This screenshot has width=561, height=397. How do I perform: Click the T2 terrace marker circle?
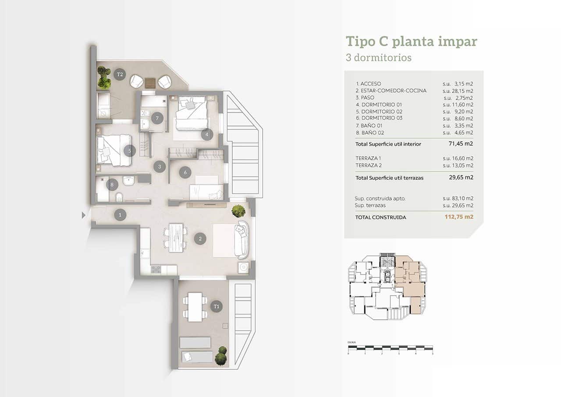119,74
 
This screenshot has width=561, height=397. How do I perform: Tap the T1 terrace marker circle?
215,307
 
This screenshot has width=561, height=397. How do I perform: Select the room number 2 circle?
200,239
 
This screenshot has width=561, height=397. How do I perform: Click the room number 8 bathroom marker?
112,185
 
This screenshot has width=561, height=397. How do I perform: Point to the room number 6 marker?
185,172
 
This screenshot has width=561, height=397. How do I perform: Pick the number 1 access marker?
120,215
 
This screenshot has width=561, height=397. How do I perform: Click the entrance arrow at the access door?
83,215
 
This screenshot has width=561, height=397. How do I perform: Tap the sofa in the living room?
242,240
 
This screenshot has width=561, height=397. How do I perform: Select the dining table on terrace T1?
195,307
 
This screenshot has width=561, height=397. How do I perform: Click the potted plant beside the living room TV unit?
238,211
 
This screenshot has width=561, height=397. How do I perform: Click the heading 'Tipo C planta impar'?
411,42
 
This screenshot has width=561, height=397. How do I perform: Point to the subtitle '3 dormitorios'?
379,57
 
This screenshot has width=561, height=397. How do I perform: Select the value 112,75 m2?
458,217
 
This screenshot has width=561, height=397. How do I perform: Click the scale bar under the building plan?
390,349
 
